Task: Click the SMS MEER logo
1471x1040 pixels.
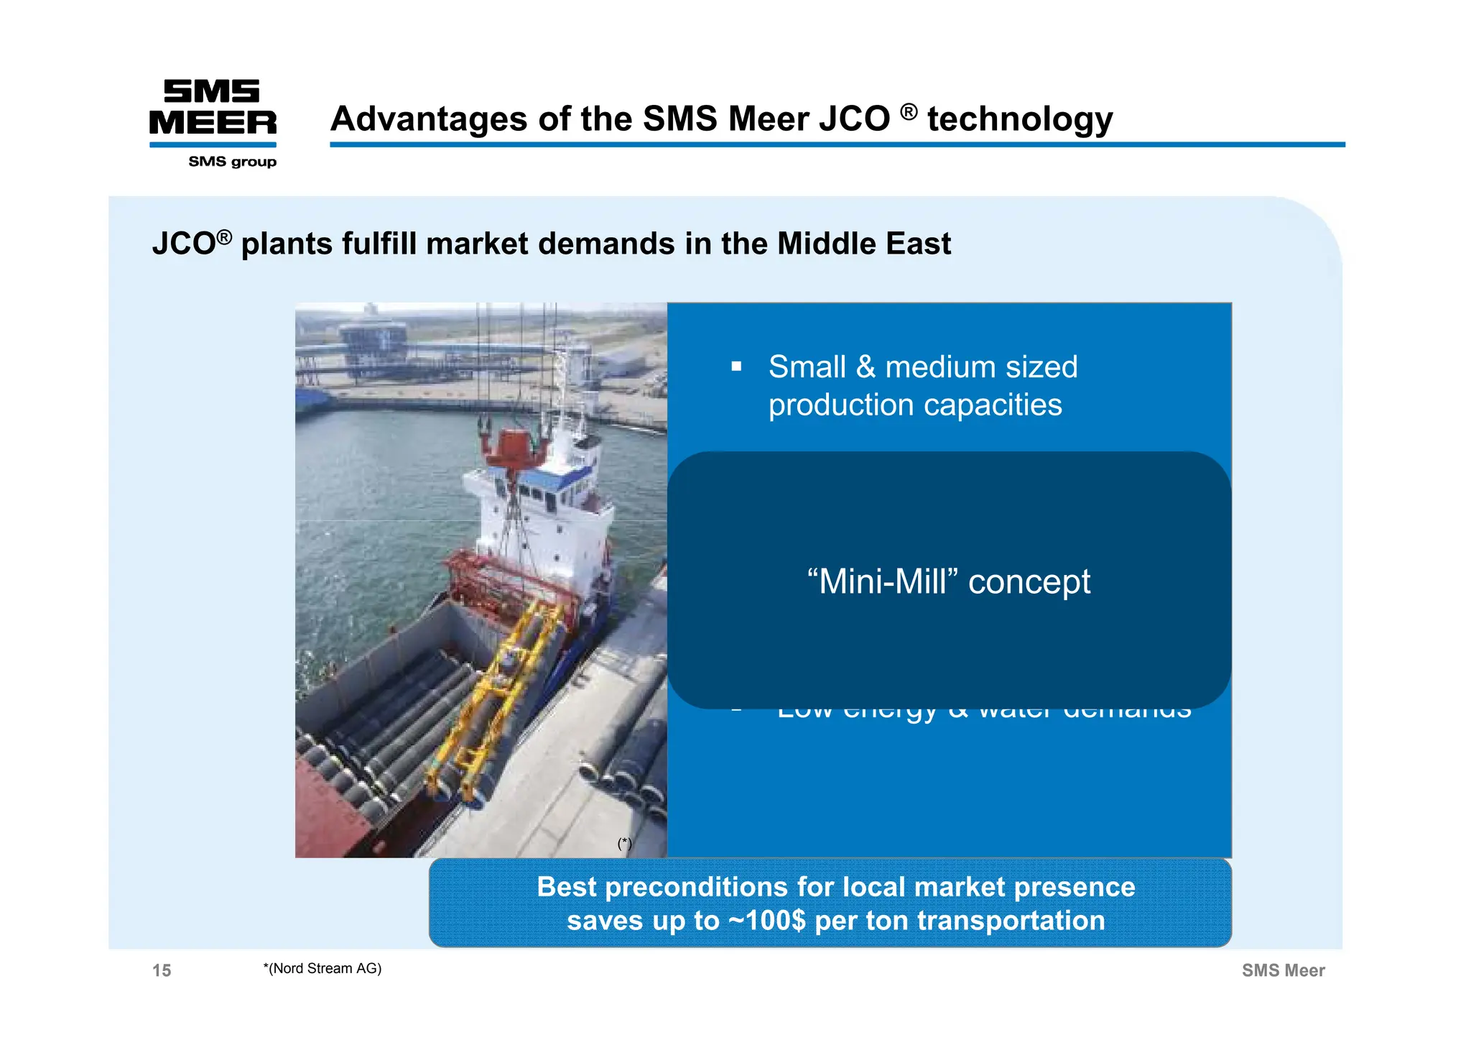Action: pos(213,108)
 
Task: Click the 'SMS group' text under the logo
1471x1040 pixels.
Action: pos(232,162)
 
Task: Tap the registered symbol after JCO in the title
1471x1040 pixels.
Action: pos(909,112)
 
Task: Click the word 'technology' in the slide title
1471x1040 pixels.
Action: pos(1019,119)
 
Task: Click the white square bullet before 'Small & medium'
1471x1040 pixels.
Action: pos(736,367)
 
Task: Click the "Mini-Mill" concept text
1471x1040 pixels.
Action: pos(948,581)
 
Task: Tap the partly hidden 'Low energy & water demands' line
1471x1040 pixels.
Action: pos(984,714)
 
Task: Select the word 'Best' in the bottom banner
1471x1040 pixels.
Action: pos(567,887)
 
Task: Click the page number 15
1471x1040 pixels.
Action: pos(162,970)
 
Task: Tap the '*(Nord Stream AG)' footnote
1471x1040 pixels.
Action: pos(322,968)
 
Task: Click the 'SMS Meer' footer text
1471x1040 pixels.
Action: pos(1283,970)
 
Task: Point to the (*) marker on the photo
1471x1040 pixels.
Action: pos(625,844)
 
